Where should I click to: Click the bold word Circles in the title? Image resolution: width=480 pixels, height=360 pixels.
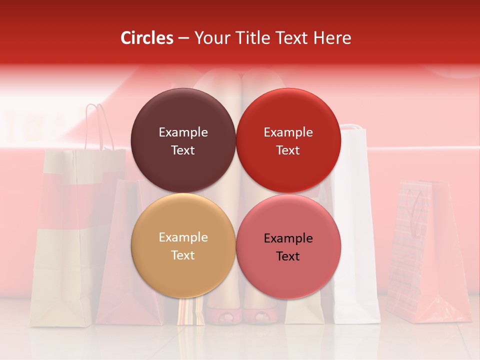(147, 37)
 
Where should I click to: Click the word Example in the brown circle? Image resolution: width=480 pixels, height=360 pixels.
(183, 132)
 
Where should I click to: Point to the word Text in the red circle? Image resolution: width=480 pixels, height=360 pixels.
(288, 150)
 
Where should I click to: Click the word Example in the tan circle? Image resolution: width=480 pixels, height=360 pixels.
(183, 237)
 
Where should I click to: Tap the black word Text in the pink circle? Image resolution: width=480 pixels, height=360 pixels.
(288, 256)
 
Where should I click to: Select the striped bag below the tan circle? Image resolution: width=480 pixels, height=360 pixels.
(191, 311)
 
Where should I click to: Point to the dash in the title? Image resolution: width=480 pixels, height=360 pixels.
(183, 37)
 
